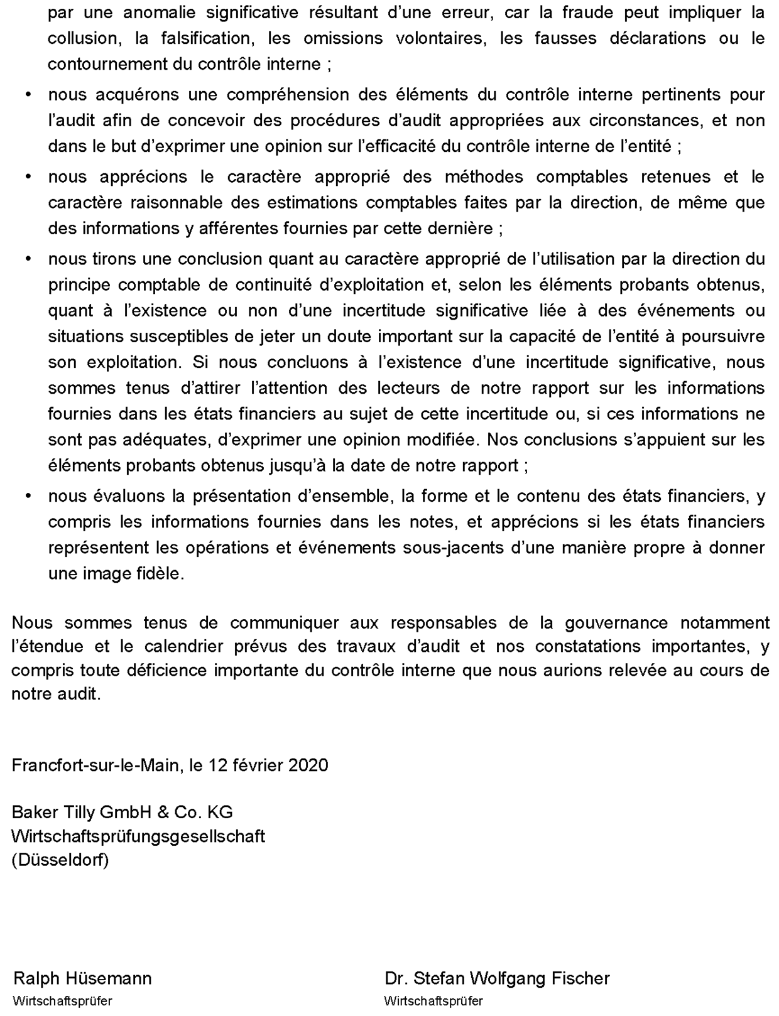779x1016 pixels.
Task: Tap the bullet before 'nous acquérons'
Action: (x=28, y=95)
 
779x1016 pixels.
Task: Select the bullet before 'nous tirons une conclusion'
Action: (x=28, y=259)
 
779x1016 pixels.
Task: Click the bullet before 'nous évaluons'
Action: (x=28, y=497)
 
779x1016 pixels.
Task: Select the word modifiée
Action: (x=441, y=440)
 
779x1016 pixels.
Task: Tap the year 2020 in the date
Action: (x=308, y=765)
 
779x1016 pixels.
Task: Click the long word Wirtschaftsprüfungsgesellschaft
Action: (x=138, y=837)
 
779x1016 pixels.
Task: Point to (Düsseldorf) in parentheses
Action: (x=60, y=860)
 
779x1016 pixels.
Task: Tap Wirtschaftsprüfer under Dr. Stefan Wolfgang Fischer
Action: (x=433, y=1001)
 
